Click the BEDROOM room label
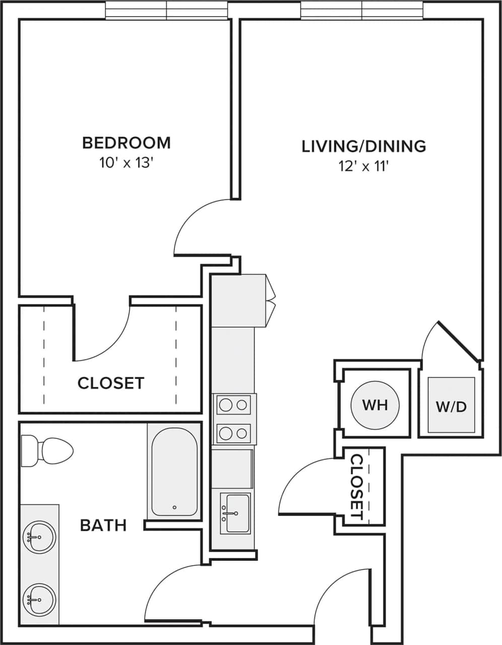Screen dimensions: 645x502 pyautogui.click(x=126, y=143)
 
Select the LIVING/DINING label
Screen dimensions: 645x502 pyautogui.click(x=363, y=146)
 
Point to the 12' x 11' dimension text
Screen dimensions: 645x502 pyautogui.click(x=363, y=166)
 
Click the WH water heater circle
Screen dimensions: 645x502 pyautogui.click(x=375, y=405)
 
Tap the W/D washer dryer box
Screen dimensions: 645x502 pyautogui.click(x=451, y=406)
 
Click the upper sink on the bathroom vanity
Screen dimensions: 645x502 pyautogui.click(x=39, y=537)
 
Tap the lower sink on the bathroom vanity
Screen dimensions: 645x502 pyautogui.click(x=39, y=599)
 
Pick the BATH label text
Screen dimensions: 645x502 pyautogui.click(x=103, y=526)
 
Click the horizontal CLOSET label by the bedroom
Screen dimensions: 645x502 pyautogui.click(x=110, y=383)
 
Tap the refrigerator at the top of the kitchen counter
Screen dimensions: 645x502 pyautogui.click(x=238, y=301)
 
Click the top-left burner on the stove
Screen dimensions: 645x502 pyautogui.click(x=225, y=404)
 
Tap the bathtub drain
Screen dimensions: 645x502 pyautogui.click(x=174, y=507)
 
